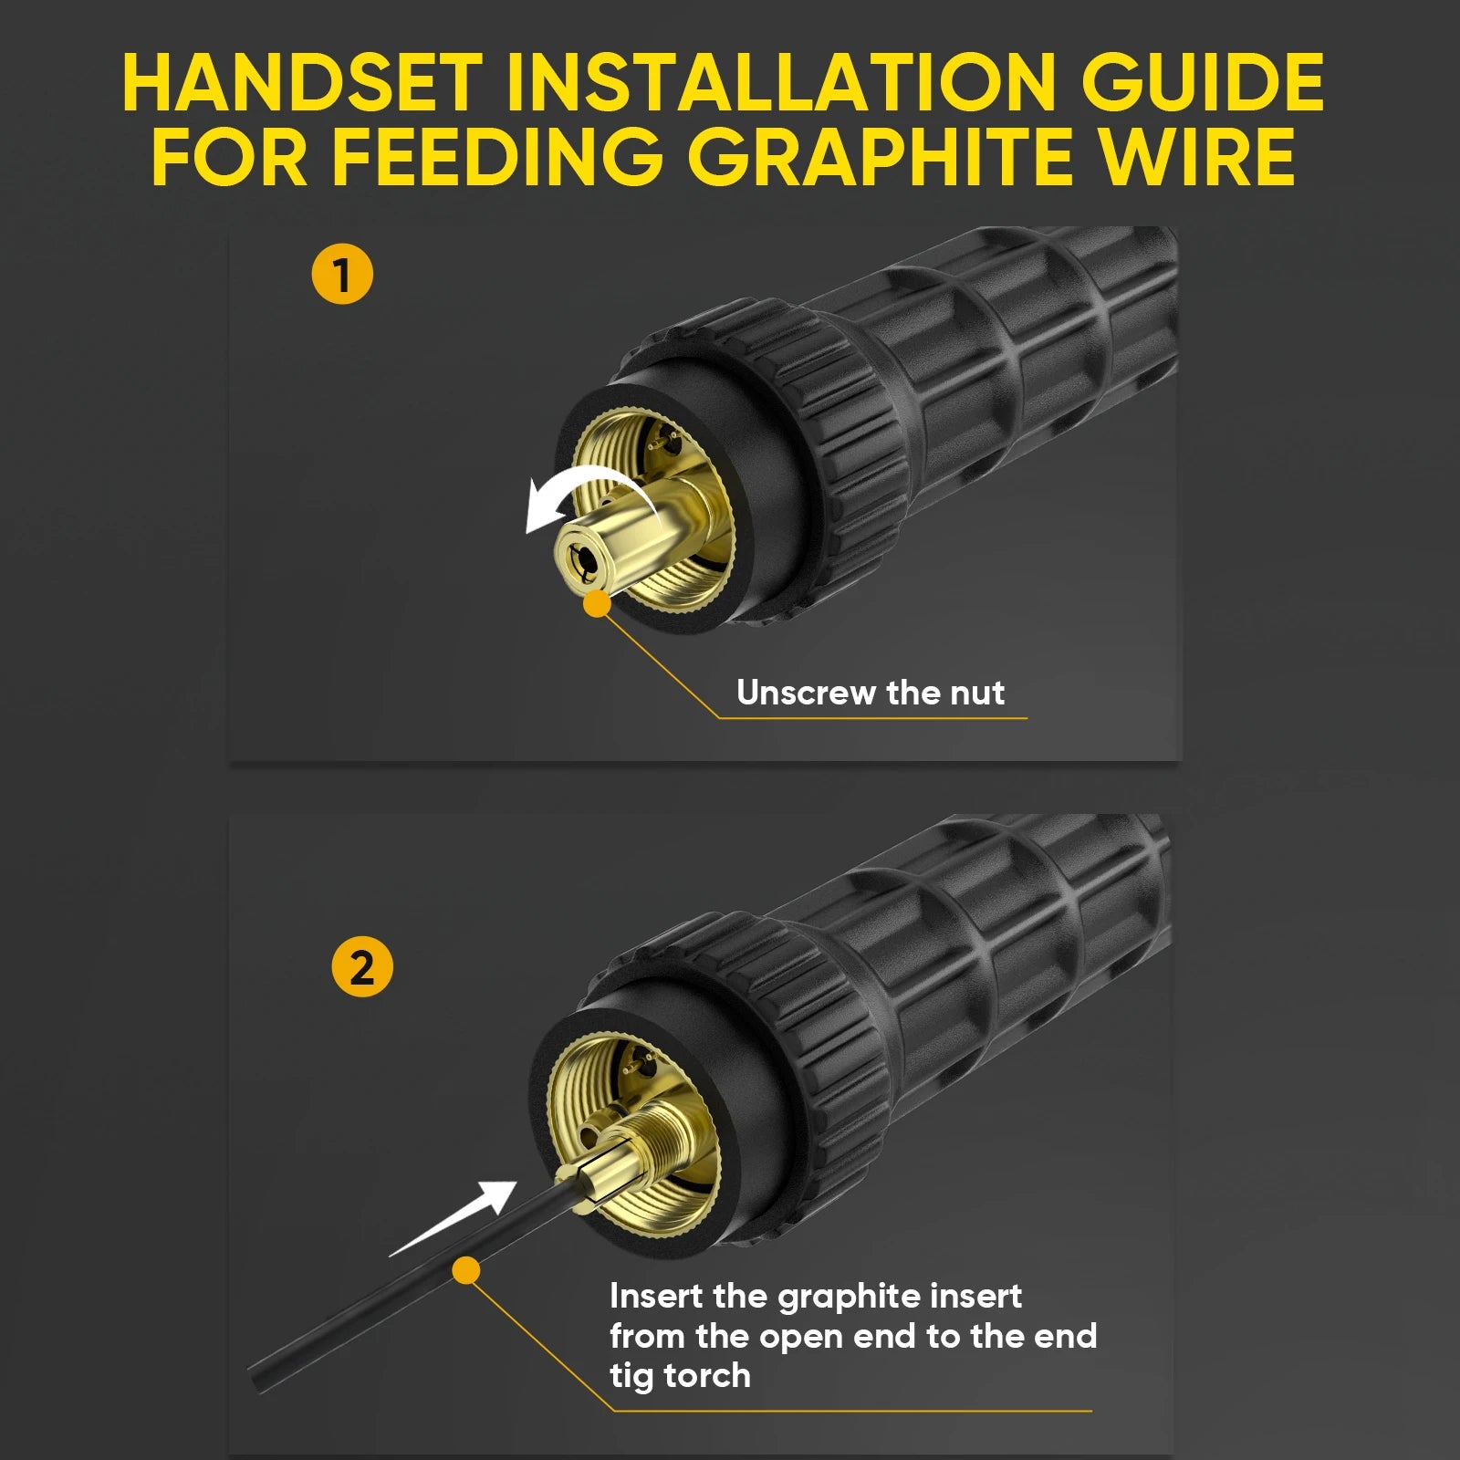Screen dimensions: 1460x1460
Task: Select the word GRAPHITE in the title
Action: (x=875, y=156)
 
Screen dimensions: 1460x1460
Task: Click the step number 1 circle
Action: (x=342, y=275)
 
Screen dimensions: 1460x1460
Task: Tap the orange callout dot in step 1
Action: (x=597, y=603)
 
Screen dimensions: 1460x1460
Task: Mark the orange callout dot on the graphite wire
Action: (x=466, y=1270)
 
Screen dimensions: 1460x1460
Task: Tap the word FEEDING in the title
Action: (x=496, y=156)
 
